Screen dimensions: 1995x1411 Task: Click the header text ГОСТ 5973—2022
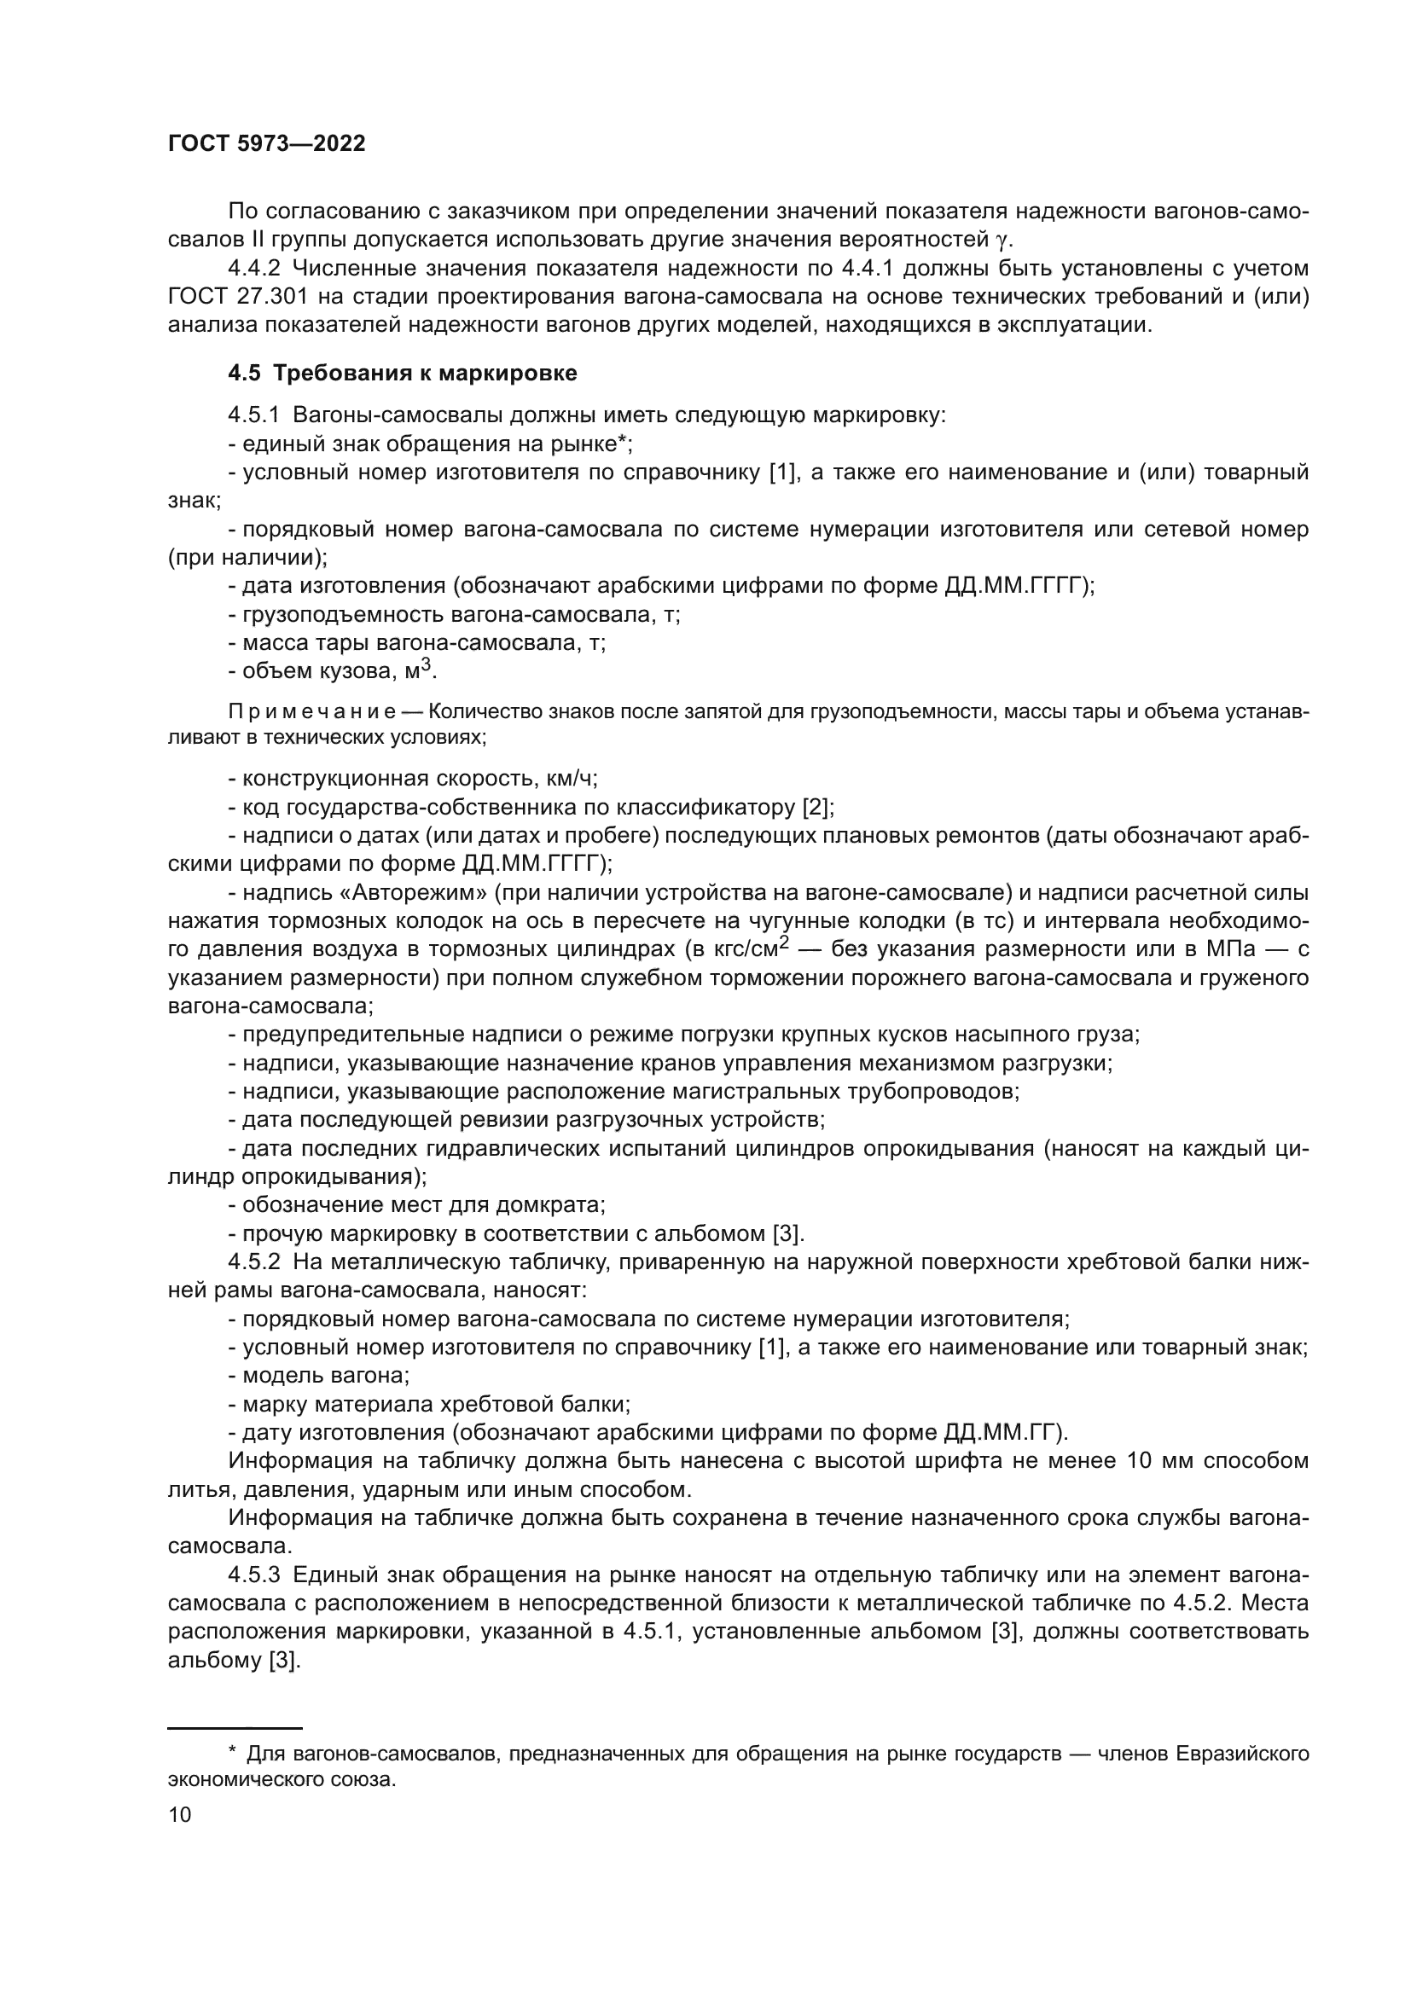(x=266, y=144)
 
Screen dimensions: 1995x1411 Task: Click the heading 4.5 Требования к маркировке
(x=403, y=374)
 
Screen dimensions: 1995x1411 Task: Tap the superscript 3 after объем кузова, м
(x=426, y=665)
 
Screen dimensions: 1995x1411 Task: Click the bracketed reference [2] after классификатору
(x=816, y=807)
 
